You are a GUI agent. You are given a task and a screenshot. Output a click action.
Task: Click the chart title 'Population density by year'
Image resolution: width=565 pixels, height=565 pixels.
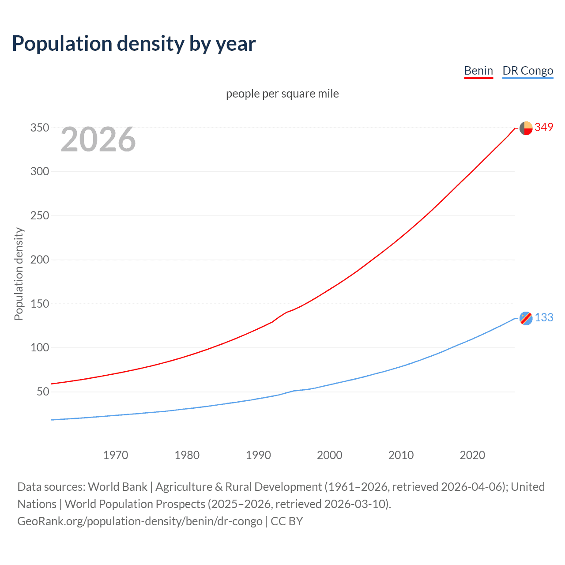[x=134, y=44]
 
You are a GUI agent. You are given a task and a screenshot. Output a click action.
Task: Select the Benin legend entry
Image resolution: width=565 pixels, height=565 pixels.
[x=478, y=71]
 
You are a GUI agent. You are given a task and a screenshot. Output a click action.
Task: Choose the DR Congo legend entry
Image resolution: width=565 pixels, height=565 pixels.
[x=527, y=71]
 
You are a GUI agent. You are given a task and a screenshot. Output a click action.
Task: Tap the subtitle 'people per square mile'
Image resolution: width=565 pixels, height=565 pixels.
[x=282, y=94]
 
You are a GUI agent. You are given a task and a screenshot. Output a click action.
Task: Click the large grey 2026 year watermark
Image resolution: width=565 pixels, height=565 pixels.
[x=98, y=139]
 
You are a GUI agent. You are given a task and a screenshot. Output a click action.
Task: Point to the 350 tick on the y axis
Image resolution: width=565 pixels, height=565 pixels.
[x=39, y=128]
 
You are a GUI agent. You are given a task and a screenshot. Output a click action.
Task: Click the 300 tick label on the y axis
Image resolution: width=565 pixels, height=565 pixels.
[x=39, y=172]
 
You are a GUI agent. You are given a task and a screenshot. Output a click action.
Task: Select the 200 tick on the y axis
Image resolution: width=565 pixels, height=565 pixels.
[x=39, y=260]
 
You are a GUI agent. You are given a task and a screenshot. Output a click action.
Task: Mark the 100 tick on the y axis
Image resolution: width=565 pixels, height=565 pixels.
[x=39, y=347]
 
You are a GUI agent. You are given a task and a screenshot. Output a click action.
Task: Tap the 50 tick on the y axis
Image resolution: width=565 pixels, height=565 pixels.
[x=43, y=392]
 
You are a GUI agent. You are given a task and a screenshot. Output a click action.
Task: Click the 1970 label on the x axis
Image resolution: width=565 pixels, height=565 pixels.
[x=115, y=455]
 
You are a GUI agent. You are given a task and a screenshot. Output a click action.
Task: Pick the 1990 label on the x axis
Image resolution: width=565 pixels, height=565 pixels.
[x=258, y=455]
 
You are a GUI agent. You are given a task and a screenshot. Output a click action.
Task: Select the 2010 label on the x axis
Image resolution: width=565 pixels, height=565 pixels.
[x=401, y=455]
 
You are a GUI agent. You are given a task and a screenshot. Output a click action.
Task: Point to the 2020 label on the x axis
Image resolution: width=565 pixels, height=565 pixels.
[x=472, y=455]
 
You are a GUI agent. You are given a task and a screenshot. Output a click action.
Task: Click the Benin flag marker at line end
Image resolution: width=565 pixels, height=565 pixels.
[x=526, y=128]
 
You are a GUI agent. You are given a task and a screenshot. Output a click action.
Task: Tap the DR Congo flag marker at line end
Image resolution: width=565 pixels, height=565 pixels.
[x=526, y=318]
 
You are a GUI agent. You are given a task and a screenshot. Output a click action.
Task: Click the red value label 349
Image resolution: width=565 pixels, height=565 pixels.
[x=544, y=128]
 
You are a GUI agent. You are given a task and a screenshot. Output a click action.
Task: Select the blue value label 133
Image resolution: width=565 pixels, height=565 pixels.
[x=544, y=318]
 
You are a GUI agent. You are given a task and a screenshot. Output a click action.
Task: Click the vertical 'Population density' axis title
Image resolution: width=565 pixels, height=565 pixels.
[x=19, y=274]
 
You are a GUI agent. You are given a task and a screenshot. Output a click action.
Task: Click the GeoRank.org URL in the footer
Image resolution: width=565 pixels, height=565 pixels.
[x=140, y=521]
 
